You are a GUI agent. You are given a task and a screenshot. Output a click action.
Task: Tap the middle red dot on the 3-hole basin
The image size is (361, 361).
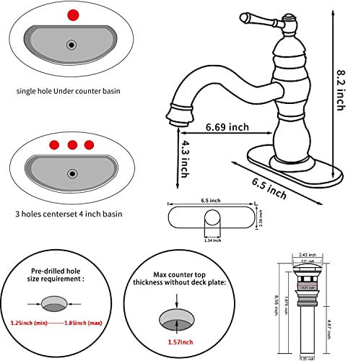[71, 144]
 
